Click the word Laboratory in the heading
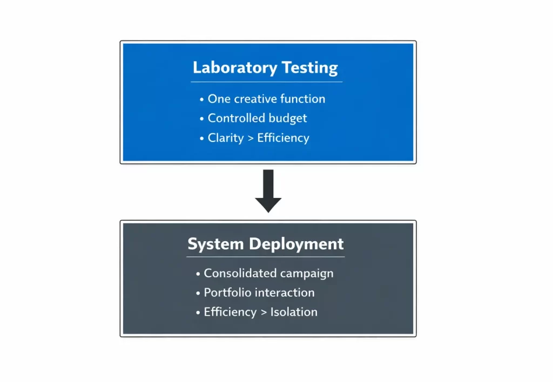234,69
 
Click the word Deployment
296,244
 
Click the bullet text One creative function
266,99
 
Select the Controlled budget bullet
257,118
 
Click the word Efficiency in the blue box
283,138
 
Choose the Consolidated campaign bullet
268,273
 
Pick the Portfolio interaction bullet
259,292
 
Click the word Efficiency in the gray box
230,312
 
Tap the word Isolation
294,312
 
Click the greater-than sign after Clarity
251,138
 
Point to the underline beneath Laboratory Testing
266,82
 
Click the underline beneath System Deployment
266,257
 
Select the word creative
256,99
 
